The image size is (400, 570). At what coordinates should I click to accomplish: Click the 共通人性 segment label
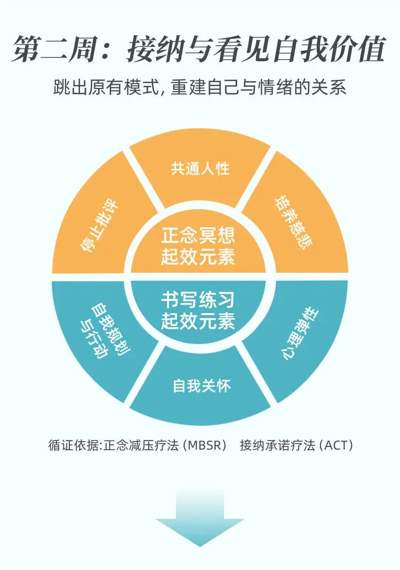200,169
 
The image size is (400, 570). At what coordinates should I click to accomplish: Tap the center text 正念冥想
198,235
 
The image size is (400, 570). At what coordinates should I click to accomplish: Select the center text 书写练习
198,300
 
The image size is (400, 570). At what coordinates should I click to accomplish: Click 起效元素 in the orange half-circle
198,258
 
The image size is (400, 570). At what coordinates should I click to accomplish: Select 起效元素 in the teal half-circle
198,322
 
